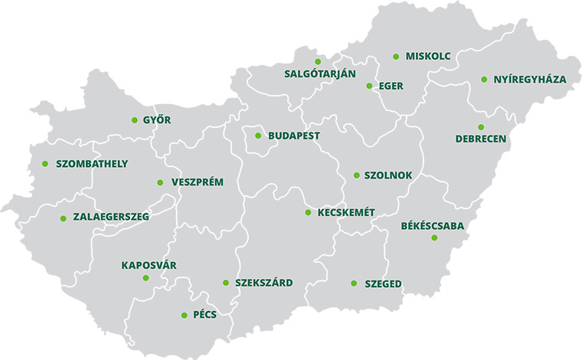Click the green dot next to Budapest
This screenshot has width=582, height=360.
click(x=258, y=136)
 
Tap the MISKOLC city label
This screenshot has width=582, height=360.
click(x=428, y=57)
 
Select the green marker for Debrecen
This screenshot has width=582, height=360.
click(x=481, y=127)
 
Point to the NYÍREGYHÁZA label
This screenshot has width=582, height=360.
click(x=529, y=80)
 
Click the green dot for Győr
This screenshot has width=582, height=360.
click(x=134, y=120)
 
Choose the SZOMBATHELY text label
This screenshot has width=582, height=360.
click(x=92, y=164)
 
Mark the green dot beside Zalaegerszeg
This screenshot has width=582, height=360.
click(x=63, y=218)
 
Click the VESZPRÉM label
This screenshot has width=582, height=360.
click(x=198, y=182)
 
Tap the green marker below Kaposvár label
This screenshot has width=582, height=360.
click(x=146, y=277)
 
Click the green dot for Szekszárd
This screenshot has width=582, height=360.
click(x=226, y=283)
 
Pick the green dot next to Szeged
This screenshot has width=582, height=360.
click(x=354, y=283)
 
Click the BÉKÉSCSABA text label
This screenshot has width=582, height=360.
click(x=433, y=226)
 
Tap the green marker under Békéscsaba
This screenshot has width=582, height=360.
click(x=434, y=238)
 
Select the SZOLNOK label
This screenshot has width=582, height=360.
click(x=387, y=175)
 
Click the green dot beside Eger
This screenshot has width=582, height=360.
click(x=369, y=86)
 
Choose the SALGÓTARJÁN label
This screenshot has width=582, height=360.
click(x=319, y=74)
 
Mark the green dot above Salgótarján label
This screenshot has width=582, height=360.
click(x=318, y=61)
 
